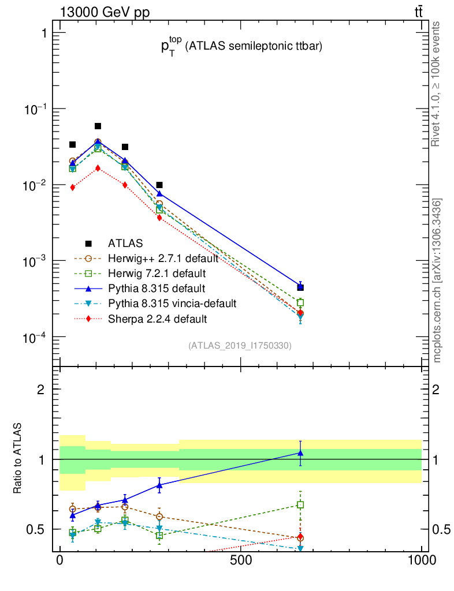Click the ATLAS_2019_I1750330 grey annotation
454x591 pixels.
pos(240,346)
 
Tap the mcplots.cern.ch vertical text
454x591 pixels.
pos(438,280)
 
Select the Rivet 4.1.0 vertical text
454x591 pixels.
pos(437,84)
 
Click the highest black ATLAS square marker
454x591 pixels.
pos(98,126)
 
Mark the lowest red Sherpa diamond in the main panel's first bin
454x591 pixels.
pos(72,187)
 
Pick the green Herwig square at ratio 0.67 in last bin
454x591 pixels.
pos(300,504)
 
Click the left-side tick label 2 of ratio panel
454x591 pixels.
pos(41,389)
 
